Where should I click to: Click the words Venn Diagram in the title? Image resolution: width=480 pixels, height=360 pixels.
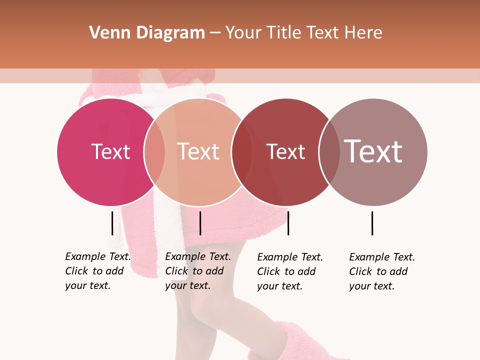(x=147, y=33)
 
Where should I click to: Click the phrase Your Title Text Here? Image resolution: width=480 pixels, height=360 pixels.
(x=303, y=33)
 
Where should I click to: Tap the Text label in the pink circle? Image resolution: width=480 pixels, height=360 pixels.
(x=110, y=152)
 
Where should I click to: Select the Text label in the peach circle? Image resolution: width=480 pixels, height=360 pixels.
(x=198, y=152)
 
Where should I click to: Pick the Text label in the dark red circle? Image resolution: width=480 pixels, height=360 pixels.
(x=285, y=152)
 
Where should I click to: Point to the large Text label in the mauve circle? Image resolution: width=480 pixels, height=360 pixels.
(x=373, y=151)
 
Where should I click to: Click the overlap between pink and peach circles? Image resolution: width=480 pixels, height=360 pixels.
(x=154, y=152)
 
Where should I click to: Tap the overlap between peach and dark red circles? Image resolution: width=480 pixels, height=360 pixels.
(x=242, y=152)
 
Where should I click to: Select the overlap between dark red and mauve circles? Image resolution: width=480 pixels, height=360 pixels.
(x=329, y=152)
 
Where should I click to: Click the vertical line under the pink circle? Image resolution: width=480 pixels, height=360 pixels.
(x=112, y=223)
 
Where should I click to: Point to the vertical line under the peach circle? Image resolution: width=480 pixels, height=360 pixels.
(x=200, y=223)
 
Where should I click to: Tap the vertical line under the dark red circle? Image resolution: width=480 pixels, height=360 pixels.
(x=288, y=223)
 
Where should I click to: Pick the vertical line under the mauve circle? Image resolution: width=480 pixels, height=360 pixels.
(x=372, y=223)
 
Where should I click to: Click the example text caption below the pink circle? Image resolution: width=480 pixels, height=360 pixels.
(x=98, y=271)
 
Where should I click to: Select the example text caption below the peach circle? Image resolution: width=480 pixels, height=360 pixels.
(x=198, y=271)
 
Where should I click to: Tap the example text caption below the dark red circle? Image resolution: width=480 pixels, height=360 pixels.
(x=290, y=271)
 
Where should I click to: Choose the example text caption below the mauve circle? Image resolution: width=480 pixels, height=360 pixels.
(x=382, y=271)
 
